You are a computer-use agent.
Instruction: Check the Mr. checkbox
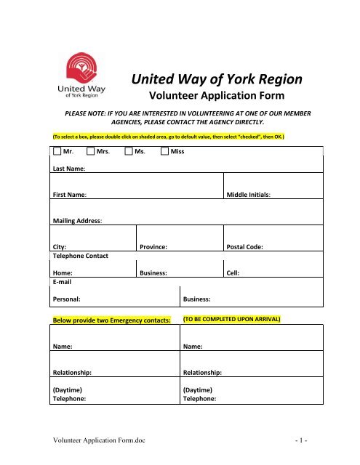tap(57, 151)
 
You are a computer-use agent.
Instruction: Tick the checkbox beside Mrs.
tap(91, 151)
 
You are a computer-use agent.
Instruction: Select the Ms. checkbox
tap(128, 151)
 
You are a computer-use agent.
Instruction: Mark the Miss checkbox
tap(164, 151)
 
